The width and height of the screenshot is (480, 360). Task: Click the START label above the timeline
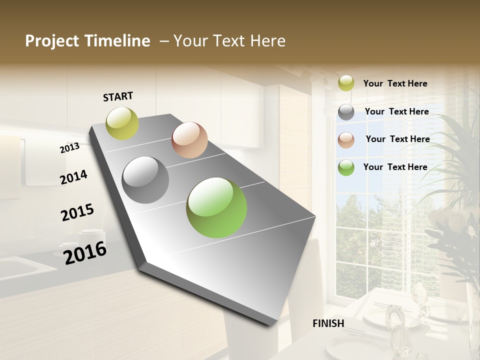(x=118, y=96)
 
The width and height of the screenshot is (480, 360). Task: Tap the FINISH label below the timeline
(x=328, y=323)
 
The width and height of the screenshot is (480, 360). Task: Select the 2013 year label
(x=69, y=147)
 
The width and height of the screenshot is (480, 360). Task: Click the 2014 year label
(x=73, y=177)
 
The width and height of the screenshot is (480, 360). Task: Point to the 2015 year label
(x=77, y=212)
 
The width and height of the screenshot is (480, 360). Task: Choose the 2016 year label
(x=85, y=252)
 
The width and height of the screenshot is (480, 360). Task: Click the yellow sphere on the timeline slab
(x=122, y=123)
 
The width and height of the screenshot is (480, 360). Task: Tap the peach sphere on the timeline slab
(x=189, y=139)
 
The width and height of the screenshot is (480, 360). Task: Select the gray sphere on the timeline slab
(x=145, y=179)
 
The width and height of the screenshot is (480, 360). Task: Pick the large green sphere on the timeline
(x=216, y=207)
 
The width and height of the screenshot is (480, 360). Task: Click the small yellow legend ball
(x=346, y=83)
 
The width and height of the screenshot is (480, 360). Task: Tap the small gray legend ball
(x=346, y=112)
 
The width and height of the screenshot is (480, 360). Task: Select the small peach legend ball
(x=346, y=140)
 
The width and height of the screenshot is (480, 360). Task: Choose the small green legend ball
(x=346, y=167)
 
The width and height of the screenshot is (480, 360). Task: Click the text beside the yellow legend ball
(x=395, y=83)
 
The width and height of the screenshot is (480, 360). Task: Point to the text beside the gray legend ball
(x=396, y=111)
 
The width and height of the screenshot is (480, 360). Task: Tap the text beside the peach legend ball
(x=397, y=139)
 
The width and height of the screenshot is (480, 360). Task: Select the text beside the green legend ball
(x=395, y=167)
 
